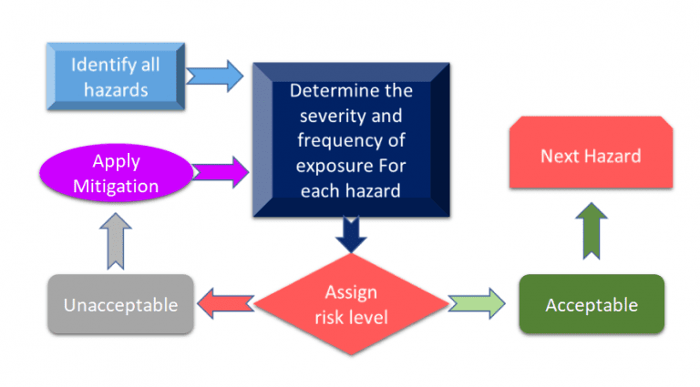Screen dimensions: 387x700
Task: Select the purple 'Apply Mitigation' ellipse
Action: (x=117, y=173)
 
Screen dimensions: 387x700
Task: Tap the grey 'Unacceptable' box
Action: (x=120, y=304)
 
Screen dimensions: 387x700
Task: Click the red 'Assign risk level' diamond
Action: (x=351, y=304)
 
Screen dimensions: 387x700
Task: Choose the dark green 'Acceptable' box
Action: (x=591, y=304)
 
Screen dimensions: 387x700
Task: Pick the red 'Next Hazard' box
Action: (x=591, y=155)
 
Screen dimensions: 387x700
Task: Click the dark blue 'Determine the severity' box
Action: (x=351, y=140)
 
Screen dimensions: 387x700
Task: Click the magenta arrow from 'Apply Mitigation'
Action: (x=221, y=169)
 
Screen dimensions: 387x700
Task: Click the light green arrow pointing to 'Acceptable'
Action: (x=476, y=303)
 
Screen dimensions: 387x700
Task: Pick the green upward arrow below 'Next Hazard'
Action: (x=591, y=229)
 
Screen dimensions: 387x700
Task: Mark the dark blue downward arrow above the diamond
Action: (x=350, y=234)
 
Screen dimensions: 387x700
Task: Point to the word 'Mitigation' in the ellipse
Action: (x=117, y=186)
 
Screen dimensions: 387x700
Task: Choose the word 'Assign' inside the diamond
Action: (x=351, y=292)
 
